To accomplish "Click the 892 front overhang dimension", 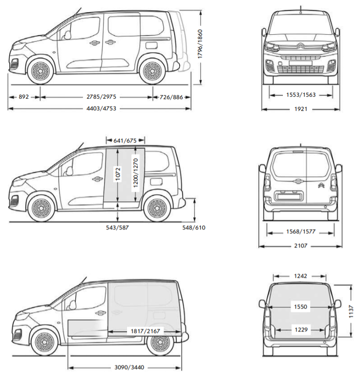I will [x=23, y=97].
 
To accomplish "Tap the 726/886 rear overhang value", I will [x=171, y=97].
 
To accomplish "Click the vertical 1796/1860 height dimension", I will [x=200, y=44].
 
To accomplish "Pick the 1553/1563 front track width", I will [x=300, y=95].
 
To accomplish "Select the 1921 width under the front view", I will [x=300, y=109].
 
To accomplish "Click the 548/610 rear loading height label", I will [x=194, y=227].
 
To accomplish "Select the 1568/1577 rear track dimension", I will [x=300, y=231].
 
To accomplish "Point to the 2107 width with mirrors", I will [x=300, y=246].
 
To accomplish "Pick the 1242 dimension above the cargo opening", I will [x=301, y=276].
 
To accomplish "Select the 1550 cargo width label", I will [x=301, y=307].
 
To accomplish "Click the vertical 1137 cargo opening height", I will [x=351, y=310].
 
